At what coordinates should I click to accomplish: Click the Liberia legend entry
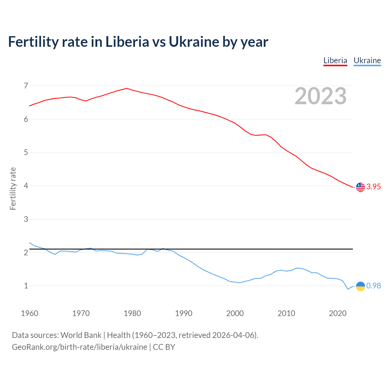tap(335, 60)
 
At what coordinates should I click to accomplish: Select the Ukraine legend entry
tap(367, 60)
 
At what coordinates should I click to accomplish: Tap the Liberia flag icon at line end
tap(360, 187)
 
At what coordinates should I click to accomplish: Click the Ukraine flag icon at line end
tap(360, 286)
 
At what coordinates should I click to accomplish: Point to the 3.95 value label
tap(374, 187)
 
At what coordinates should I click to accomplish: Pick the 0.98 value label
tap(374, 286)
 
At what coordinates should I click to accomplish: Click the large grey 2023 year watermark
tap(321, 96)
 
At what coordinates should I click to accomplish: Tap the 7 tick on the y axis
tap(26, 86)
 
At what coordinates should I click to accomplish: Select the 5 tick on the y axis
tap(26, 153)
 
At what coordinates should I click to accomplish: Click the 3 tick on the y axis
tap(26, 219)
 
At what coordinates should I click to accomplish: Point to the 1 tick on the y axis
tap(26, 286)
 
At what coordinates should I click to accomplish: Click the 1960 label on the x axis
tap(29, 313)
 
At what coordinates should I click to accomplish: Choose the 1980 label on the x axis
tap(132, 313)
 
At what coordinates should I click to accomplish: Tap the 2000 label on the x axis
tap(235, 313)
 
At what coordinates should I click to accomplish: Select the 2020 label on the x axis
tap(338, 313)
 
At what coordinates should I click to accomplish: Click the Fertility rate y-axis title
tap(13, 188)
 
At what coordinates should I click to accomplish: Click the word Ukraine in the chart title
tap(194, 42)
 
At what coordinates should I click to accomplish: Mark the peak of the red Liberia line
tap(127, 88)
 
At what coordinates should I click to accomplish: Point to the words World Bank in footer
tap(81, 335)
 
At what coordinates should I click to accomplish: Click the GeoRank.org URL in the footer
tap(79, 347)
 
